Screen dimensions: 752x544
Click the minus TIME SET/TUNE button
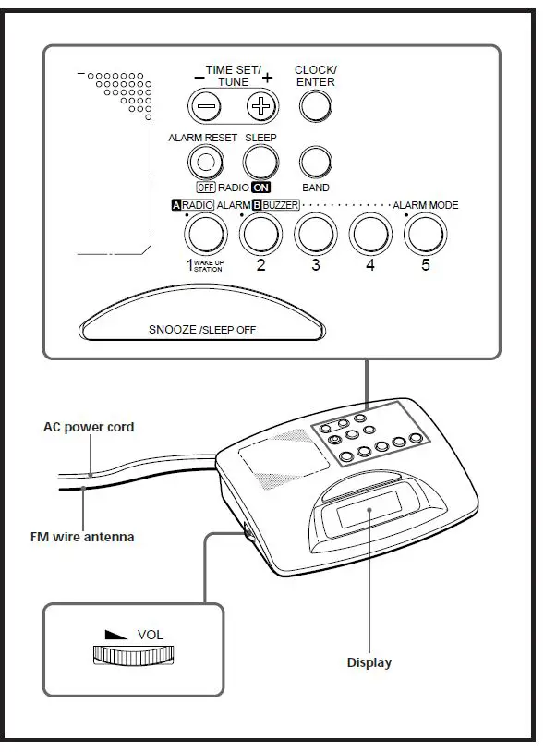tap(206, 107)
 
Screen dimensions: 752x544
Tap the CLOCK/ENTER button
tap(315, 107)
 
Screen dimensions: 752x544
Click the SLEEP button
tap(260, 163)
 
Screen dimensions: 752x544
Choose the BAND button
tap(315, 163)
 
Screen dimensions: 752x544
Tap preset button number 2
tap(260, 235)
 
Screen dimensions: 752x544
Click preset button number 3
tap(315, 235)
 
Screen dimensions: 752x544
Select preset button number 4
tap(369, 235)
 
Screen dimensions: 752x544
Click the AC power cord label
tap(89, 427)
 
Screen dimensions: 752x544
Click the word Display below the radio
tap(369, 662)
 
